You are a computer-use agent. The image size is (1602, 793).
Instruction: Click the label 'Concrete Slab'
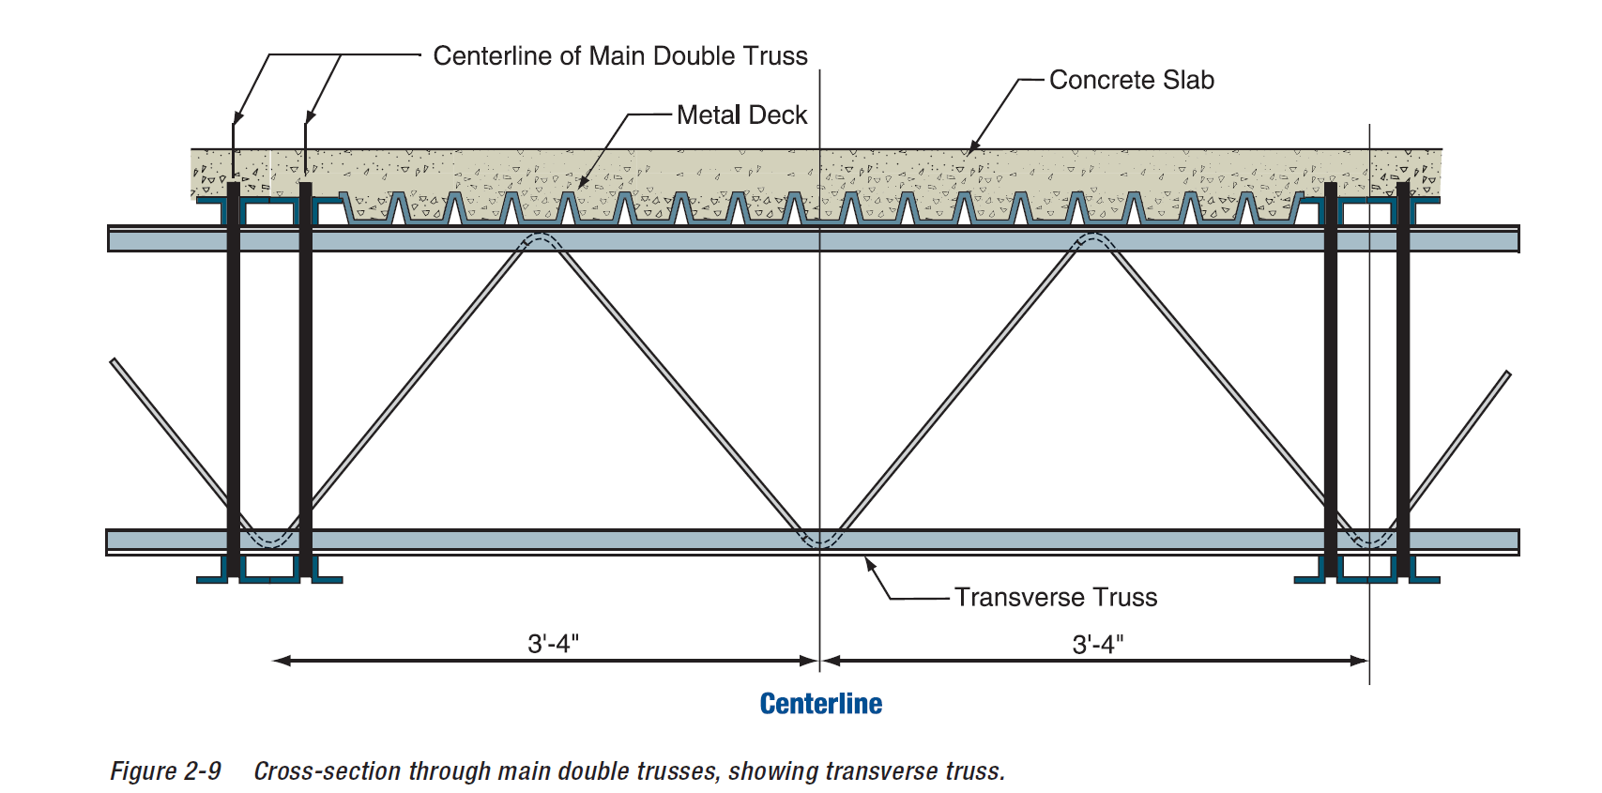tap(1131, 81)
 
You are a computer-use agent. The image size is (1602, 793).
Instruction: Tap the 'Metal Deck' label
tap(741, 115)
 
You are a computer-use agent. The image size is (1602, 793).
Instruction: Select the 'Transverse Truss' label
tap(1056, 598)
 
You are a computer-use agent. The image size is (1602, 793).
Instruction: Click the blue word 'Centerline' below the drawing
tap(821, 704)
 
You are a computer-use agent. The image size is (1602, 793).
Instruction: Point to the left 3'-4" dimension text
tap(553, 644)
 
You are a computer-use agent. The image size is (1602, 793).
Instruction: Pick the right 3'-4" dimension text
tap(1098, 645)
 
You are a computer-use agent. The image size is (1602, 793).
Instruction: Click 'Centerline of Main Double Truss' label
tap(620, 56)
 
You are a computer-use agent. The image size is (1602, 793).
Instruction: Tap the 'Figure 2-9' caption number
tap(166, 771)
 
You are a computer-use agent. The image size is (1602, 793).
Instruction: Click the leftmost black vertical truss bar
tap(234, 375)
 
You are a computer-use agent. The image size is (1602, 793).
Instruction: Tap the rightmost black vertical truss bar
tap(1403, 375)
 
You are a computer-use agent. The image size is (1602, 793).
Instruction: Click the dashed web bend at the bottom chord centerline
tap(820, 540)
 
